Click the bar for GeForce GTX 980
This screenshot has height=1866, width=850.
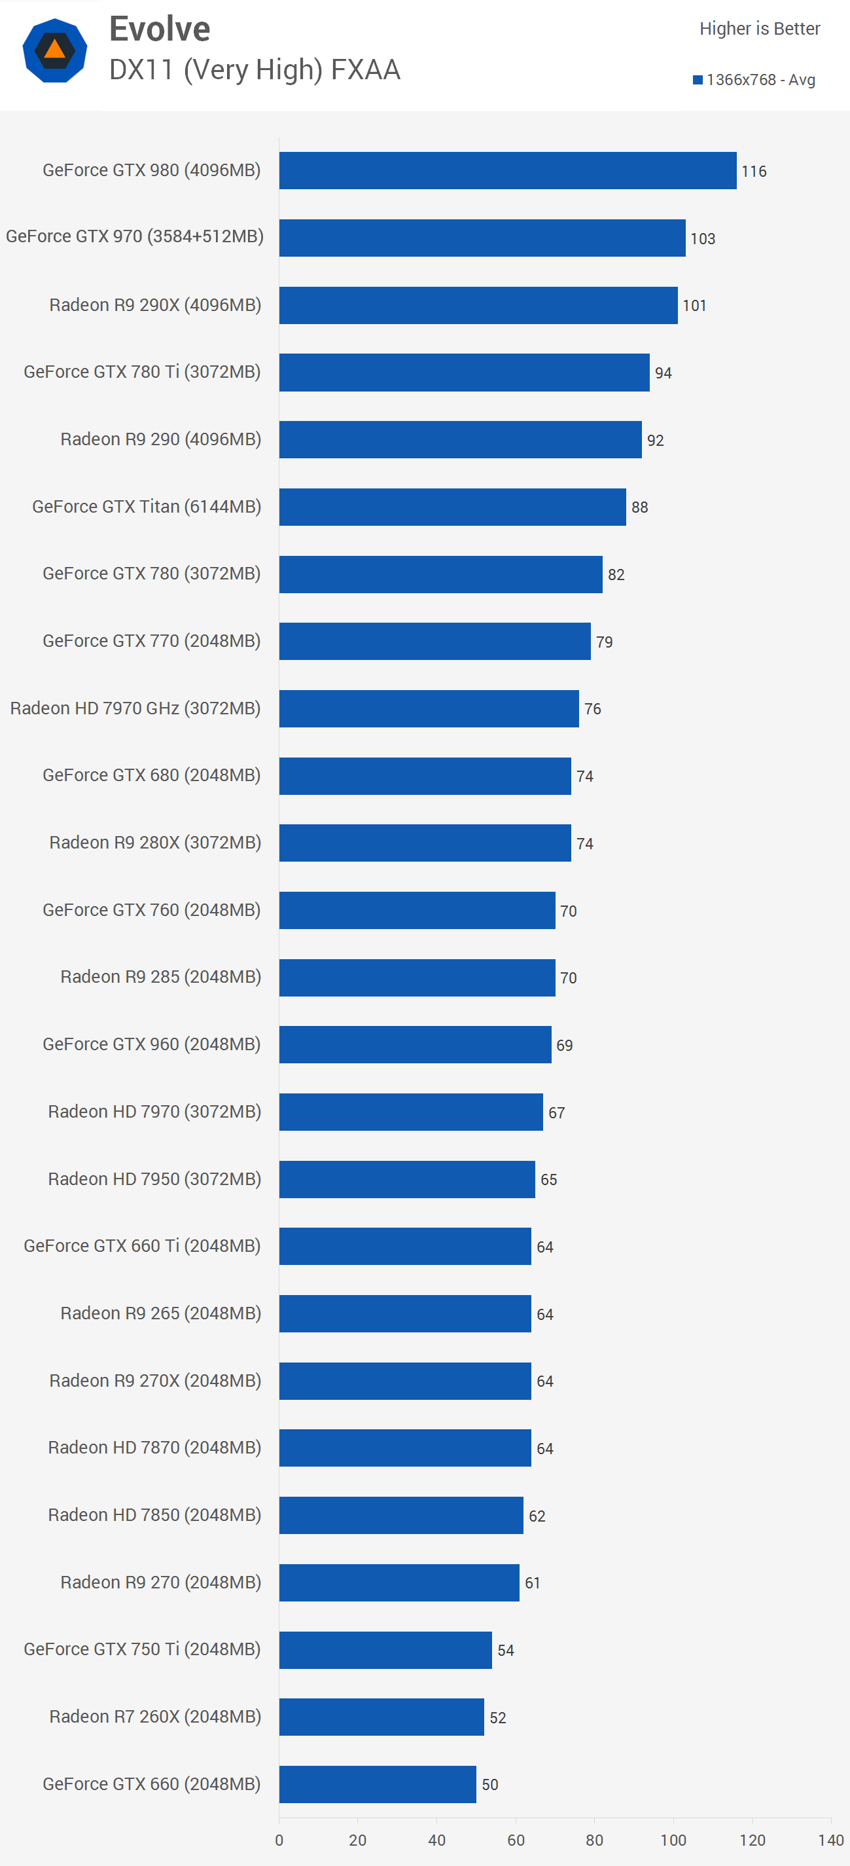(507, 170)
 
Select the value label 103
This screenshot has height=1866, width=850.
(702, 238)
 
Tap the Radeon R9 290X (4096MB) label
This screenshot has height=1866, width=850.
(155, 305)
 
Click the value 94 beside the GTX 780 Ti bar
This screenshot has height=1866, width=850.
(664, 373)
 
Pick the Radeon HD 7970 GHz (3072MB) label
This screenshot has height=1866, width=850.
(135, 708)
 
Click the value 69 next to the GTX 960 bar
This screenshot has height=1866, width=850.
(564, 1045)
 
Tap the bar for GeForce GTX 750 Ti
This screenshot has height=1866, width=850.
(385, 1649)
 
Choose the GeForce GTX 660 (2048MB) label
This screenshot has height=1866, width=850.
(151, 1784)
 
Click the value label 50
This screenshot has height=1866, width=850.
(489, 1784)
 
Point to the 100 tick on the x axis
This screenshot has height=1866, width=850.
(673, 1840)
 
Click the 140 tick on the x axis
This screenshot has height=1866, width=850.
(830, 1840)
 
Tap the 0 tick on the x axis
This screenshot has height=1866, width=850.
(279, 1840)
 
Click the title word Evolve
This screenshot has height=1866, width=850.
(159, 29)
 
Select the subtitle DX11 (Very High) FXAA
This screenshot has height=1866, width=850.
(254, 69)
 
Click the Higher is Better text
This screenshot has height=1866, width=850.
(759, 28)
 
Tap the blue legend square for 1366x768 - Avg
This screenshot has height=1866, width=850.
(698, 80)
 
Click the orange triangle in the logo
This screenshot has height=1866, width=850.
(55, 49)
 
